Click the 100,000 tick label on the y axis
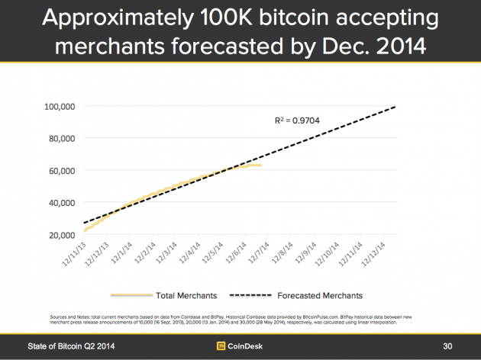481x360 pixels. [x=56, y=107]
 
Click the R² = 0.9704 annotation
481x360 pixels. [x=298, y=121]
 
